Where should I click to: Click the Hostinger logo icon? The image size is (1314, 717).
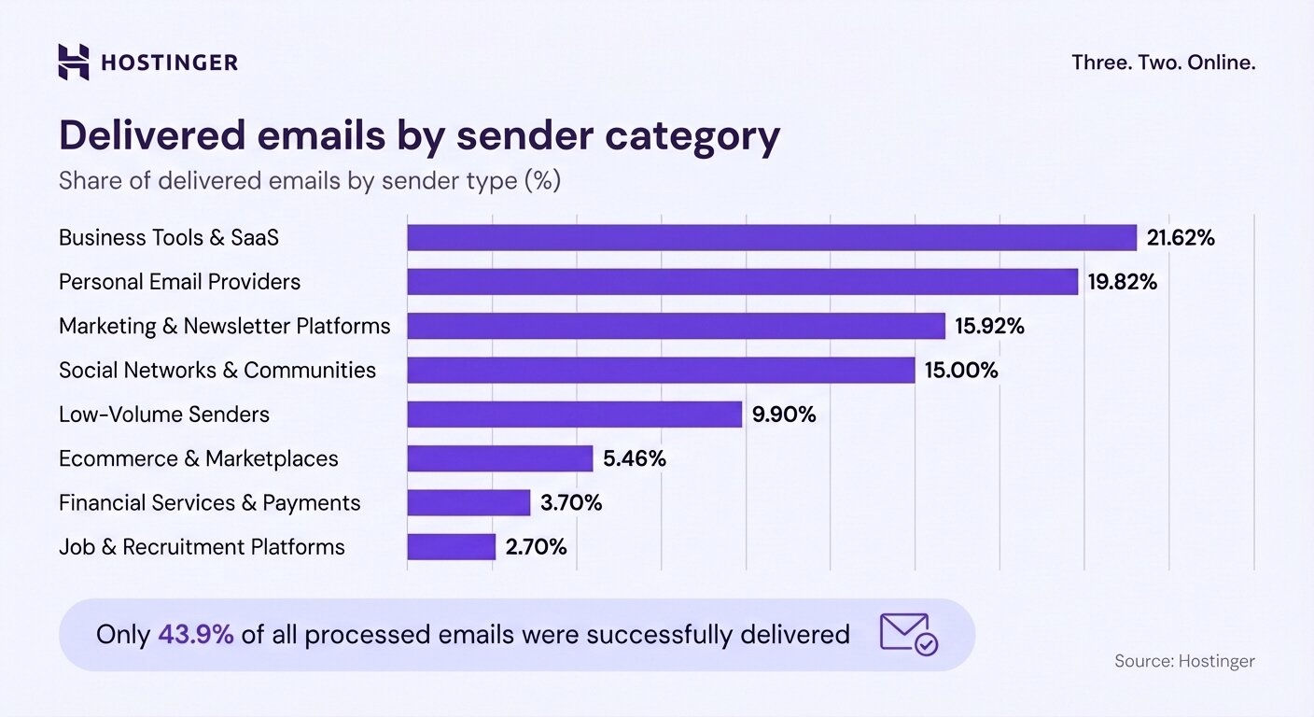coord(74,62)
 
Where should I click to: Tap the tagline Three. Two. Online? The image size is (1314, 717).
coord(1163,63)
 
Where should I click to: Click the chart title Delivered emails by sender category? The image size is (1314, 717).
coord(419,135)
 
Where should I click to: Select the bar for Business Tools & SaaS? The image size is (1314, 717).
coord(771,238)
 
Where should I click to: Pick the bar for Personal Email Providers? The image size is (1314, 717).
coord(742,282)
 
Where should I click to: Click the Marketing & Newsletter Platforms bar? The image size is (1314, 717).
coord(676,326)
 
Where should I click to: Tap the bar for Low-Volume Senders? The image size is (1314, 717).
coord(574,415)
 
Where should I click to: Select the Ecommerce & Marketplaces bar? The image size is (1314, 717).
coord(499,458)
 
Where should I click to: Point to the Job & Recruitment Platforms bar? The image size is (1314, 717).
coord(451,547)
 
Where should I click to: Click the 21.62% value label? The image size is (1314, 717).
coord(1181,238)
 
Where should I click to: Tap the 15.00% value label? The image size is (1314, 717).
coord(961,371)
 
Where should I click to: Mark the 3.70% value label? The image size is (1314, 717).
coord(571,503)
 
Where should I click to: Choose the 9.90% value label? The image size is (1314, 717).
coord(784,415)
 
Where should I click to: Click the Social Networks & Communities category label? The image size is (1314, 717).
coord(217,371)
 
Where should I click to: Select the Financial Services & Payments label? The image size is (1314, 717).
coord(209,503)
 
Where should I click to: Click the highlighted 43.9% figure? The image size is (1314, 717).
coord(195,635)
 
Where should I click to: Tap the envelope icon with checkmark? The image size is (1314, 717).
coord(908,634)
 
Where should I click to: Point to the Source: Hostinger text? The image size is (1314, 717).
coord(1184,661)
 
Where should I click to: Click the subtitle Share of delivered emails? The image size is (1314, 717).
coord(309,180)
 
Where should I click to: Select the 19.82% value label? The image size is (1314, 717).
coord(1122,282)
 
